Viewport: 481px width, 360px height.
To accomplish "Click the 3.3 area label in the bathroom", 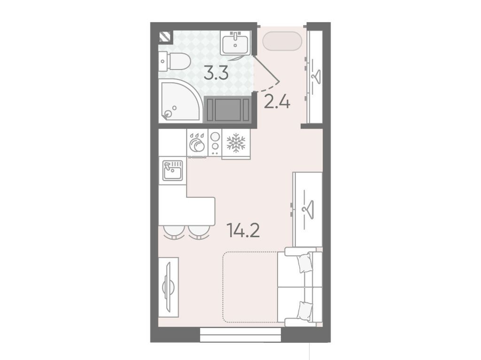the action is tap(216, 74).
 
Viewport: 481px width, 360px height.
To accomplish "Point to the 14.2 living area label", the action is tap(243, 230).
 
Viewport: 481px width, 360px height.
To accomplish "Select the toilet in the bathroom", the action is tap(174, 61).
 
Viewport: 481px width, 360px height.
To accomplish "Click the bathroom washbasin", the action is tap(235, 43).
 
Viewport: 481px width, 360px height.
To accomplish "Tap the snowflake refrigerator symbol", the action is tap(236, 143).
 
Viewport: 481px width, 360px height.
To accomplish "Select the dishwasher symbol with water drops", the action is tap(197, 142).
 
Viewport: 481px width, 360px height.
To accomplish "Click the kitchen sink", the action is tap(172, 170).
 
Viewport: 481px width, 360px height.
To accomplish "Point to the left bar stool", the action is tap(174, 232).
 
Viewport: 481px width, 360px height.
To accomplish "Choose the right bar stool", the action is tap(199, 232).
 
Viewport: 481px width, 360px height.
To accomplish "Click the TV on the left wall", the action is tap(169, 287).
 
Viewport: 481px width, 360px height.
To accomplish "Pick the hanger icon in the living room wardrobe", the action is tap(308, 210).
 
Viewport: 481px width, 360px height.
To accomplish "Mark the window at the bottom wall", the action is tap(241, 335).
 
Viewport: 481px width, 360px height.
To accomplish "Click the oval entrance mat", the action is tap(282, 41).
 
